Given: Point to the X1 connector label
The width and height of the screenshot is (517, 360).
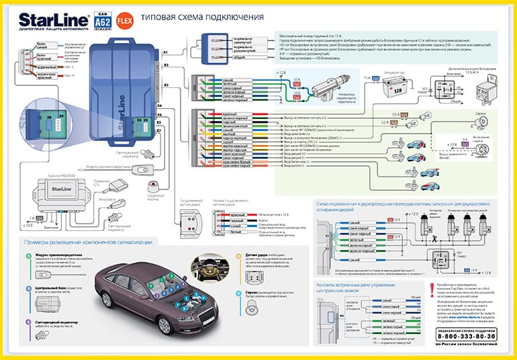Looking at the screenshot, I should (165, 51).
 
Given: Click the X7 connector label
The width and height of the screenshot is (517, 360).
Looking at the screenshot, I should (159, 122).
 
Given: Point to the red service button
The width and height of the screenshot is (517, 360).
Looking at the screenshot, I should (154, 185).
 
